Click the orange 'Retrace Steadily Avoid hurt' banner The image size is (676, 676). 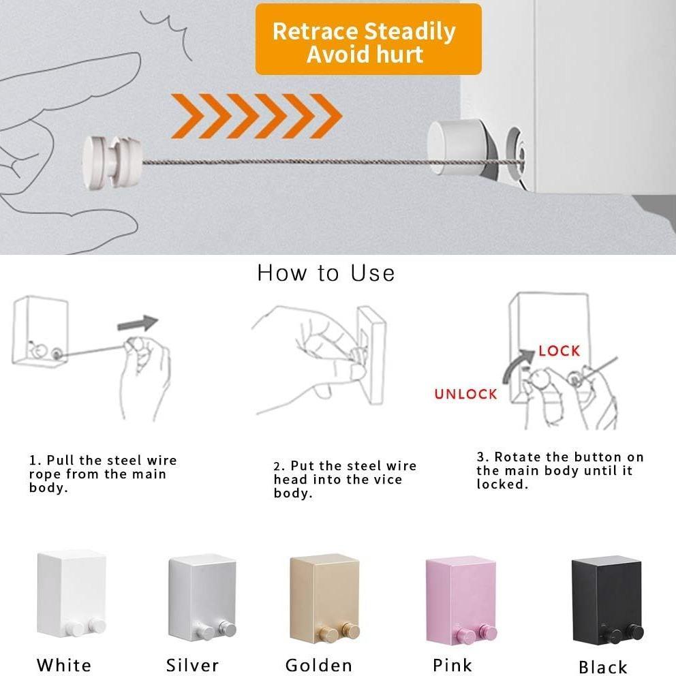(x=368, y=40)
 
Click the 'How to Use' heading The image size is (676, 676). (x=326, y=273)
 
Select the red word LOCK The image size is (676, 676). (x=559, y=351)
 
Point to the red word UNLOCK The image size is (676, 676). (x=466, y=394)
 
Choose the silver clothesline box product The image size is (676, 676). (x=202, y=596)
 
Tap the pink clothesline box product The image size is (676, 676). (x=461, y=599)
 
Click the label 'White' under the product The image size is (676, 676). (x=64, y=665)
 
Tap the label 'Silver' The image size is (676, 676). (x=193, y=665)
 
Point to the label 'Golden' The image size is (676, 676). (x=319, y=665)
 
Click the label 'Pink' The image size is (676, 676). (x=453, y=665)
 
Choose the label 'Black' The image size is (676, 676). (x=603, y=666)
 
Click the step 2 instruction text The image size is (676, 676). (x=345, y=479)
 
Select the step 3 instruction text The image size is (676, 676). (x=559, y=470)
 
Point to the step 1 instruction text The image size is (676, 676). (x=103, y=474)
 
